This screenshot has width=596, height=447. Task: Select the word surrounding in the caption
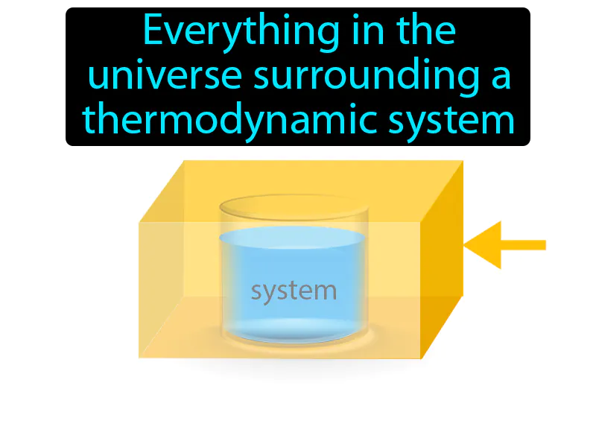(x=364, y=77)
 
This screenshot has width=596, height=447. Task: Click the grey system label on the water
(x=294, y=291)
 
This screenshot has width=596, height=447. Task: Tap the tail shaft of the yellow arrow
(x=525, y=244)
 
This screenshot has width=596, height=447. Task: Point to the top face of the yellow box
(x=298, y=191)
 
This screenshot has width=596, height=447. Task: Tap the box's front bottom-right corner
(x=422, y=358)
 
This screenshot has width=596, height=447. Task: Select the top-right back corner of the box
(x=463, y=161)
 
